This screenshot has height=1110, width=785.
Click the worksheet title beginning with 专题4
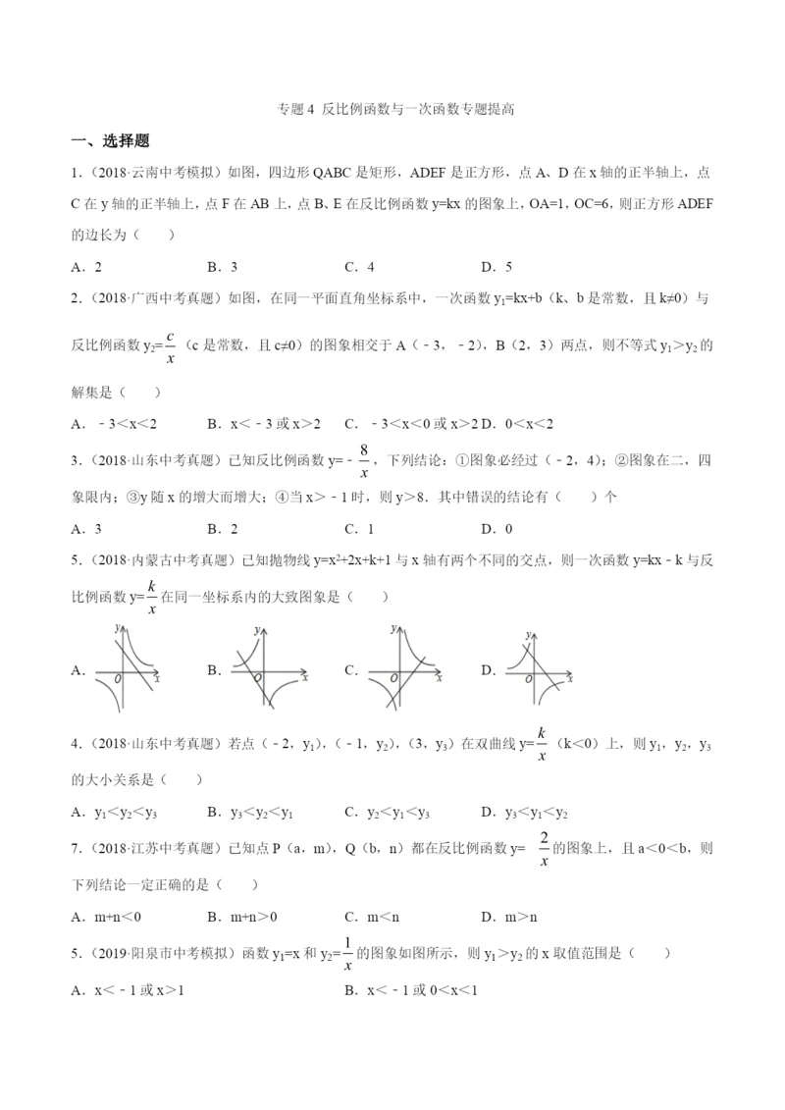(x=392, y=111)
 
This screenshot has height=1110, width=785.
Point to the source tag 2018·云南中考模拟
(x=153, y=174)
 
